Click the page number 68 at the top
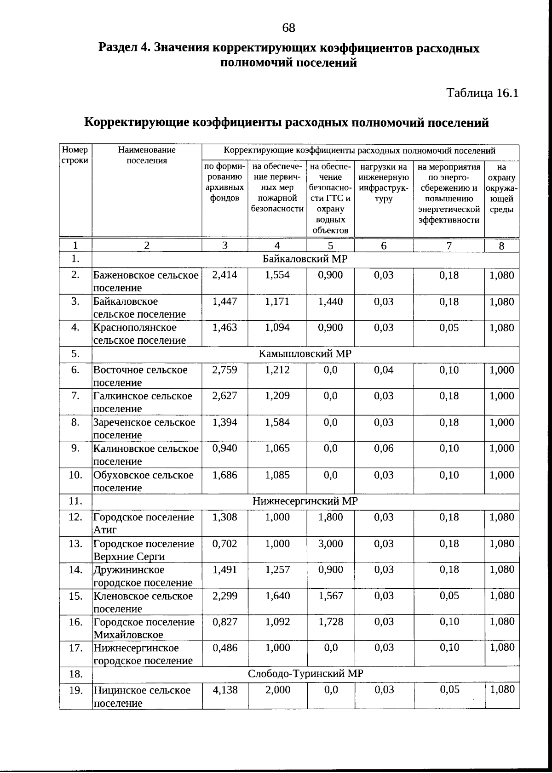coord(288,28)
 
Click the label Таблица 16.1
coord(483,93)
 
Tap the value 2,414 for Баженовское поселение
coord(224,275)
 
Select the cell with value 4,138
coord(225,690)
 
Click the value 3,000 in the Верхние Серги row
coord(330,544)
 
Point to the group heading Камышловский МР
coord(305,354)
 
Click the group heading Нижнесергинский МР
coord(305,501)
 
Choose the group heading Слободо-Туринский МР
coord(305,674)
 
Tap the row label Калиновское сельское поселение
coord(146,455)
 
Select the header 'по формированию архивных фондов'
coord(224,182)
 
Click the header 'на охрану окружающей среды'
coord(501,188)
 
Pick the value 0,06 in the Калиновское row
coord(384,449)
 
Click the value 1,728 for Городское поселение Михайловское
coord(330,622)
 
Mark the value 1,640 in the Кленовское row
coord(277,596)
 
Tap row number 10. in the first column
coord(75,475)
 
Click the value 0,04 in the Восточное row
coord(384,370)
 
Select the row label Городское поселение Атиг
coord(144,523)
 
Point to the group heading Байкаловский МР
coord(305,259)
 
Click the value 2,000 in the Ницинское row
coord(277,690)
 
